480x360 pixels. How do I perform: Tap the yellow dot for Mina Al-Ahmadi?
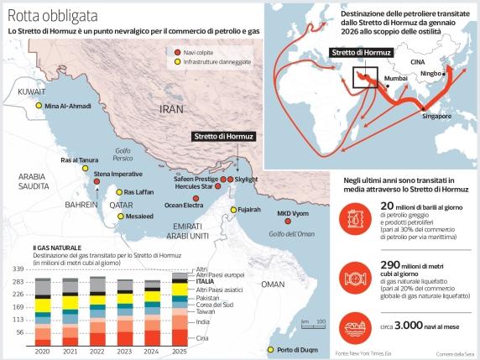pyautogui.click(x=38, y=107)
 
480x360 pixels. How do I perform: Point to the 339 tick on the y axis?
pyautogui.click(x=16, y=268)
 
